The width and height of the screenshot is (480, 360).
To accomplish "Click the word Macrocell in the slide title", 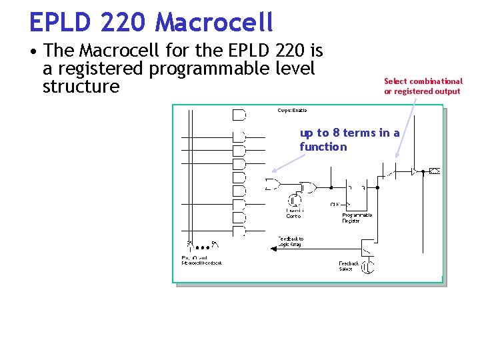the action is [214, 22].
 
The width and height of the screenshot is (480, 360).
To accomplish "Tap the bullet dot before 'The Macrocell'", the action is [33, 50].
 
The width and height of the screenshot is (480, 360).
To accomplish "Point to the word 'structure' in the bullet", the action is [81, 87].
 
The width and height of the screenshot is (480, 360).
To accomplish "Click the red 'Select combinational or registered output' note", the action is [423, 86].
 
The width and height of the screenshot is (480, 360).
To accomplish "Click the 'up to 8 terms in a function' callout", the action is [349, 139].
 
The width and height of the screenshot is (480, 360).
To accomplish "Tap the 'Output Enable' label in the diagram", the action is [292, 111].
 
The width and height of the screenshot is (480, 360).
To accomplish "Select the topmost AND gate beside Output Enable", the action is [239, 115].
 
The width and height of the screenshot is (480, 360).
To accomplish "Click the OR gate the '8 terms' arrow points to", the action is [273, 184].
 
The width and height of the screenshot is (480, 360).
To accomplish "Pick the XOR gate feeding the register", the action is [308, 187].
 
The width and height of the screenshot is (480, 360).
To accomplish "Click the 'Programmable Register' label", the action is [357, 218].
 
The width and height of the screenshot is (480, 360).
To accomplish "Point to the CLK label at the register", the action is [335, 204].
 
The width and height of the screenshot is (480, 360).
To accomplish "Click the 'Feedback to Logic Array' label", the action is [290, 241].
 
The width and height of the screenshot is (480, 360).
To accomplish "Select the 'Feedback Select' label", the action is [348, 266].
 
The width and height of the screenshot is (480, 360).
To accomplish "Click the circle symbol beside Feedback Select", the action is [367, 267].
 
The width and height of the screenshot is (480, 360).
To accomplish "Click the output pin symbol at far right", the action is [435, 171].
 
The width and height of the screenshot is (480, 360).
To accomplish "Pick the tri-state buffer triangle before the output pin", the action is [414, 171].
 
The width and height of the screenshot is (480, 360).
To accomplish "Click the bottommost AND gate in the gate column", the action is [239, 231].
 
